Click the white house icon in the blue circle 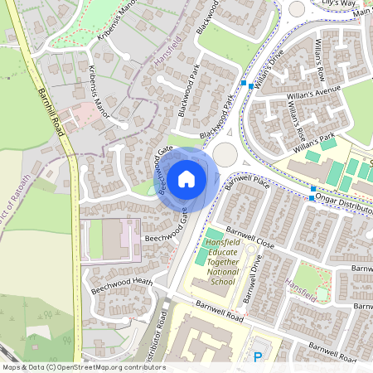tap(186, 178)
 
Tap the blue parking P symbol tap(257, 357)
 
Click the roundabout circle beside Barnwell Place tap(225, 154)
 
